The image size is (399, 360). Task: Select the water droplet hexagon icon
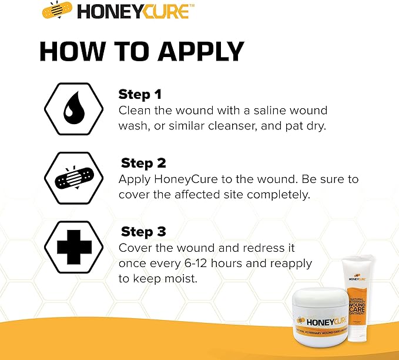click(71, 109)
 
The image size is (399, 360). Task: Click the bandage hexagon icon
click(71, 176)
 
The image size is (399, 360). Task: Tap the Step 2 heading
click(143, 163)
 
